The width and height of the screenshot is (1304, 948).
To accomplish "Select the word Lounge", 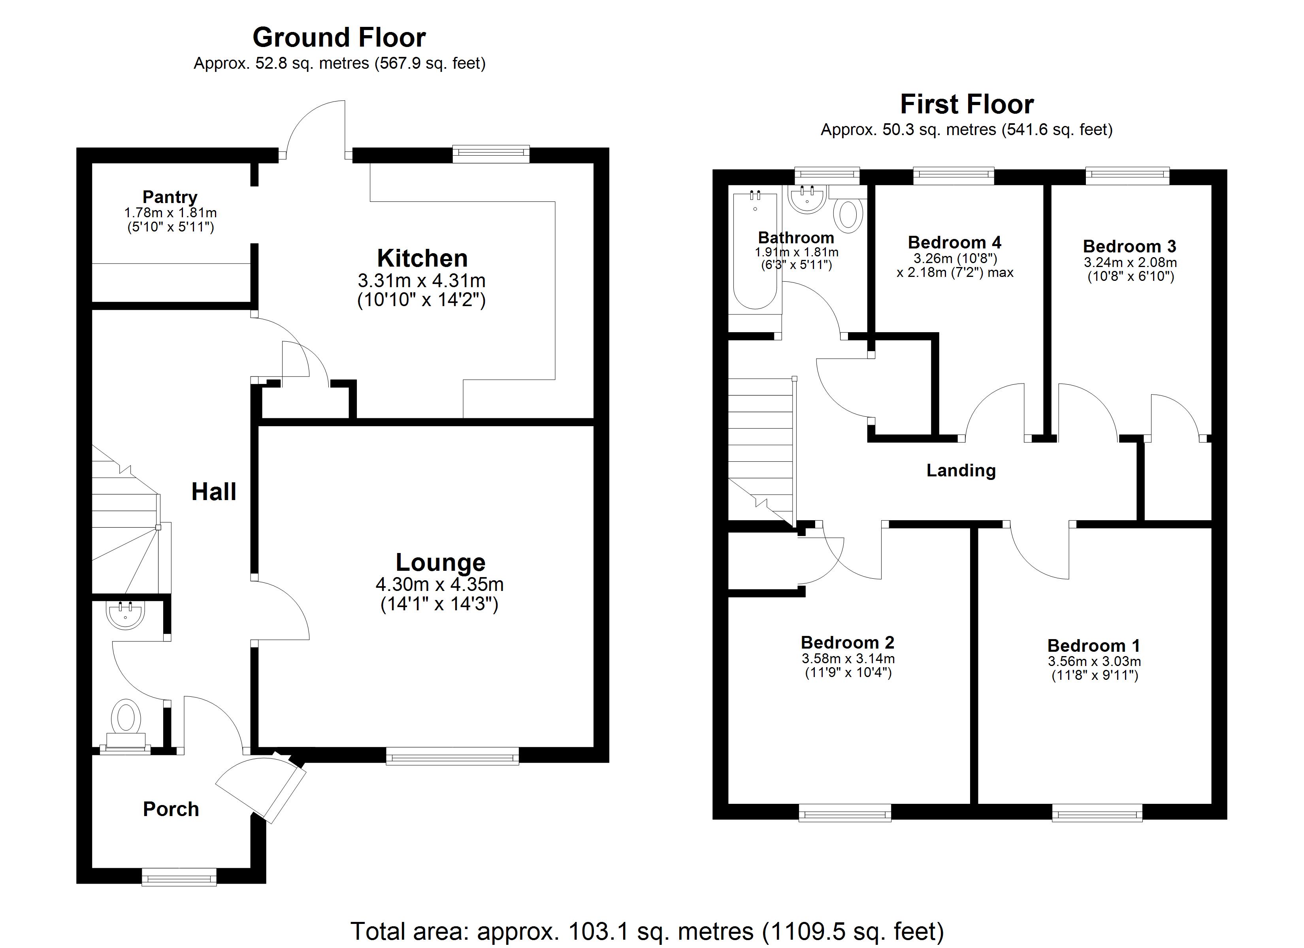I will coord(441,562).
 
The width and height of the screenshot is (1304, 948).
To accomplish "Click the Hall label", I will coord(213,492).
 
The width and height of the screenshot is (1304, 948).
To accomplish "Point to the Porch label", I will coord(171,809).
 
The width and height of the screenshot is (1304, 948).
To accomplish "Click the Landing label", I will coord(961,470).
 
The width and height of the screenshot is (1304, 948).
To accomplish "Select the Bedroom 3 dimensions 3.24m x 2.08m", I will coord(1130,263).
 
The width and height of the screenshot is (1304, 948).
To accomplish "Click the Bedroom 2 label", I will coord(848,642).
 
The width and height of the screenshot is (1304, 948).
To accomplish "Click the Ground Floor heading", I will coord(339,38).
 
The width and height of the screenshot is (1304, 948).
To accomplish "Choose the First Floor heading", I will coord(967,105).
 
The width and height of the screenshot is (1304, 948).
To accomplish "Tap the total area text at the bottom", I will coord(647,931).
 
